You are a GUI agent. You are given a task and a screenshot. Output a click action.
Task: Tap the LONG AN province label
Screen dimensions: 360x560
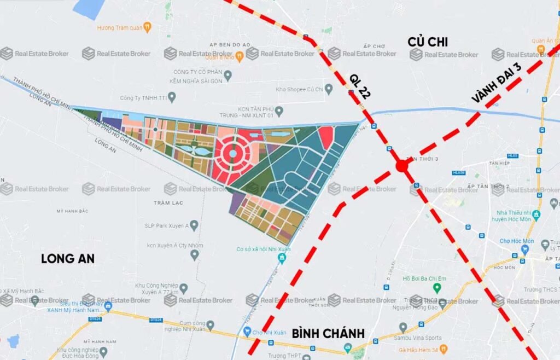click(68, 259)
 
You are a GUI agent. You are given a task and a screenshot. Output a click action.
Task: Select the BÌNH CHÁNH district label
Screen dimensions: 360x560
click(328, 334)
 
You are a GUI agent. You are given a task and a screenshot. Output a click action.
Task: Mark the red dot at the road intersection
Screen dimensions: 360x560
click(402, 166)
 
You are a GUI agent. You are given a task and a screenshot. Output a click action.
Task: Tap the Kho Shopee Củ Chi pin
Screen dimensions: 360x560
click(328, 89)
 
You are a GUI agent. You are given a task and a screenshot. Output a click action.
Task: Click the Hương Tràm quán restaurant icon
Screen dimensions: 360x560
click(147, 27)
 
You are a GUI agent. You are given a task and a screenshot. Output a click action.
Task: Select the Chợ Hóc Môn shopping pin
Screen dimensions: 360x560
click(524, 249)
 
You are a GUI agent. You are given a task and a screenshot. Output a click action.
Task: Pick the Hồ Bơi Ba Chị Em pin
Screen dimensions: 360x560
click(436, 288)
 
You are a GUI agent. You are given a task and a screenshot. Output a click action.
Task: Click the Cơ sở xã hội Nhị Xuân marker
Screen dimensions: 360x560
click(282, 257)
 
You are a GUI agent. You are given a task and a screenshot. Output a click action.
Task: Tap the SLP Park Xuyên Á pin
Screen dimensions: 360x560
click(194, 225)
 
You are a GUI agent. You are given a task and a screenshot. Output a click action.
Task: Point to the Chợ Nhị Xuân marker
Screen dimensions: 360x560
click(247, 332)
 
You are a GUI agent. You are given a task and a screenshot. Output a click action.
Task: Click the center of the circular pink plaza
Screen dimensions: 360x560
click(232, 154)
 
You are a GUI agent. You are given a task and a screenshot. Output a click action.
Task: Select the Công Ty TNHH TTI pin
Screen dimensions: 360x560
click(172, 98)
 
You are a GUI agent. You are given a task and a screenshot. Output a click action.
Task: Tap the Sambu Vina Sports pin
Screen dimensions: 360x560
click(403, 328)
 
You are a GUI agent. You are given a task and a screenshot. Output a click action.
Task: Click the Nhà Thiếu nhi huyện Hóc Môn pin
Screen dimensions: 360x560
click(536, 214)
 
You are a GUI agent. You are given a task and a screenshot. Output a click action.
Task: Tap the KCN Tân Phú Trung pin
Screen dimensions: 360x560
click(279, 112)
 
